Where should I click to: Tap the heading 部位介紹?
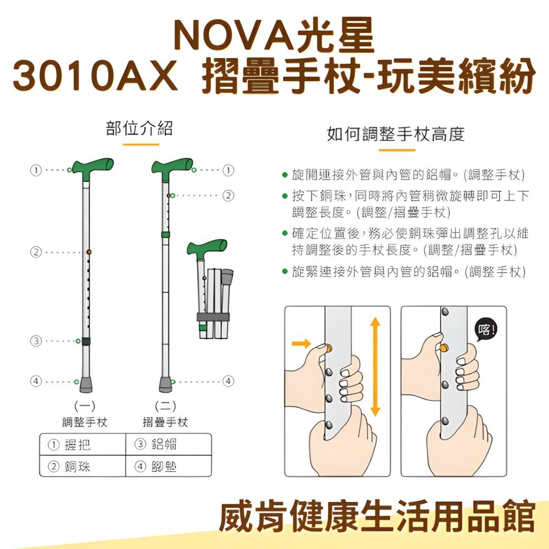tap(139, 128)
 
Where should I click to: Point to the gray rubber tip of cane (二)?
tap(165, 383)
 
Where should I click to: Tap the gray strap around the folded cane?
tap(215, 317)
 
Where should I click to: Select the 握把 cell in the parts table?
tap(82, 445)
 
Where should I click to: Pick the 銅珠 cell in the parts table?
tap(82, 466)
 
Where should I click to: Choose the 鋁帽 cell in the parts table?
tap(169, 445)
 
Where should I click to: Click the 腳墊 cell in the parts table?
tap(169, 466)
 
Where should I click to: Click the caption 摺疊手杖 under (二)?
tap(165, 422)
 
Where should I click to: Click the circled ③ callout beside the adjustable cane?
tap(36, 341)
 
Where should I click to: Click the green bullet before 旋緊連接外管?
tap(284, 271)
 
